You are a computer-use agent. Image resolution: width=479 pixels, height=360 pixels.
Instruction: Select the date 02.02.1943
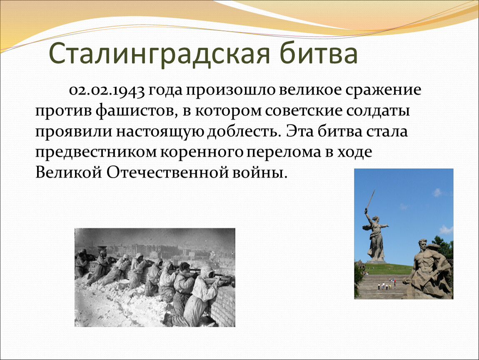pyautogui.click(x=107, y=90)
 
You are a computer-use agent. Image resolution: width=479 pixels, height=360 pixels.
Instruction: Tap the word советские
pyautogui.click(x=303, y=111)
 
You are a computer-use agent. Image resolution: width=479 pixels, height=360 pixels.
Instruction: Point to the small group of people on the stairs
pyautogui.click(x=387, y=285)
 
